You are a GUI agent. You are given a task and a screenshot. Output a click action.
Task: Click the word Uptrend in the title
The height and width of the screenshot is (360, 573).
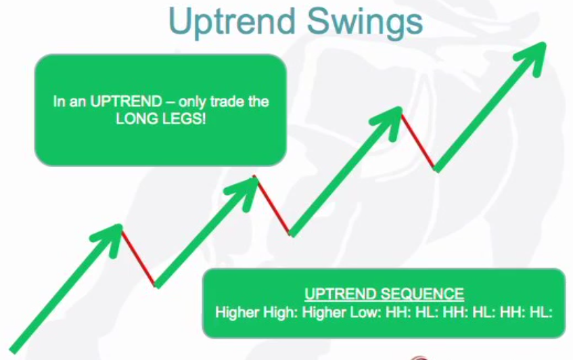(x=231, y=21)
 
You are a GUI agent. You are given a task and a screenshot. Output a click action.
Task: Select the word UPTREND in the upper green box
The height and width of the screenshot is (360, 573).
(x=126, y=102)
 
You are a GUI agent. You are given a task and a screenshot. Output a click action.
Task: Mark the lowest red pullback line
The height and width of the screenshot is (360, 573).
(x=139, y=258)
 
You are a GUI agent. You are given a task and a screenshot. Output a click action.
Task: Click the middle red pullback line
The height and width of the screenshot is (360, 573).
(x=273, y=206)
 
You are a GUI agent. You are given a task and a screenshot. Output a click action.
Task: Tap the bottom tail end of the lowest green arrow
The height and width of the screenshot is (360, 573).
(x=13, y=350)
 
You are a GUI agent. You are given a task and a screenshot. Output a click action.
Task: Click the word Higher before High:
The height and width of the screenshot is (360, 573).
(x=238, y=313)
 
